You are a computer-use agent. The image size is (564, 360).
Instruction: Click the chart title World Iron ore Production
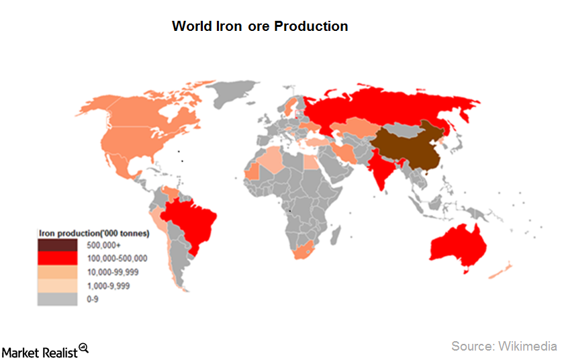point(260,26)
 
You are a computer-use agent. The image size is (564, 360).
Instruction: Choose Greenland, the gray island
point(232,94)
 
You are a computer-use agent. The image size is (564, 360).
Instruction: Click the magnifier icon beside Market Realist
point(83,347)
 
